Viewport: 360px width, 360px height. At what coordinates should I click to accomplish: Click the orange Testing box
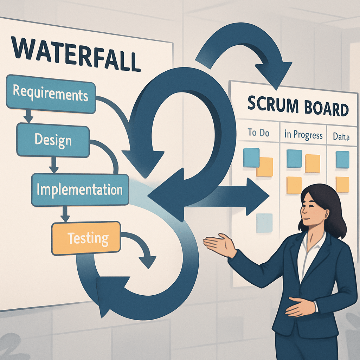(x=86, y=239)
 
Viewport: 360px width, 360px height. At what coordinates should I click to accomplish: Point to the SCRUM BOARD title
(x=297, y=107)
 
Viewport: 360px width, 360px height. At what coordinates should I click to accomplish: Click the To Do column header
(x=258, y=133)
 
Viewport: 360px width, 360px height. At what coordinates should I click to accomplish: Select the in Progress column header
(x=303, y=135)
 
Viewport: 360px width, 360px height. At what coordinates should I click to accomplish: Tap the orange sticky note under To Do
(x=265, y=167)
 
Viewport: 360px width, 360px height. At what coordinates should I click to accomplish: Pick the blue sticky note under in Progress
(x=294, y=159)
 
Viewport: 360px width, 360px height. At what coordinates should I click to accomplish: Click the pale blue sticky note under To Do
(x=264, y=223)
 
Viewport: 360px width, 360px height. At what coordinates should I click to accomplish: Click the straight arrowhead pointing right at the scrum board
(x=257, y=197)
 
